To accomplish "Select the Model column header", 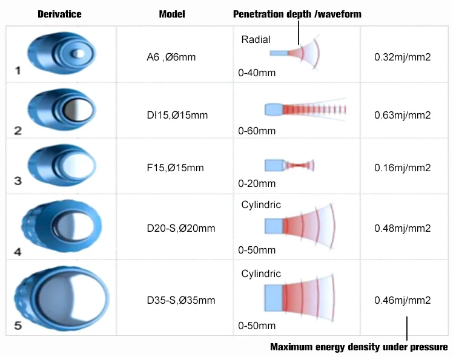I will click(x=172, y=15).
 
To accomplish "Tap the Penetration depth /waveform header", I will click(x=297, y=15).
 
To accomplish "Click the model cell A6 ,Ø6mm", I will click(x=171, y=58).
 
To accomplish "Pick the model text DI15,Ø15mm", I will click(x=177, y=115).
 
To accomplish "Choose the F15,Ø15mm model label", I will click(x=175, y=168).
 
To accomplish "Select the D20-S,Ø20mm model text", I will click(x=180, y=228).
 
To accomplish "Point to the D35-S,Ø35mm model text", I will click(x=180, y=299).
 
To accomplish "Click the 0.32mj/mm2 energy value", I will click(x=403, y=58).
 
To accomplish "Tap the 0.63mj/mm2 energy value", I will click(x=403, y=115).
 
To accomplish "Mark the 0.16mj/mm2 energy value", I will click(x=403, y=168).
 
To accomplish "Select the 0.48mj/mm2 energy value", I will click(x=403, y=228).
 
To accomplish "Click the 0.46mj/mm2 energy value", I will click(x=403, y=299).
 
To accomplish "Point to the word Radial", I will click(x=256, y=40).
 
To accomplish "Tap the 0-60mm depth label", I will click(x=257, y=130).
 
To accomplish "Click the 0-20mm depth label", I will click(x=257, y=183).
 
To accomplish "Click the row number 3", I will click(x=18, y=181).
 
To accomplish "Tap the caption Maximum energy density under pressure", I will click(x=358, y=347).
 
